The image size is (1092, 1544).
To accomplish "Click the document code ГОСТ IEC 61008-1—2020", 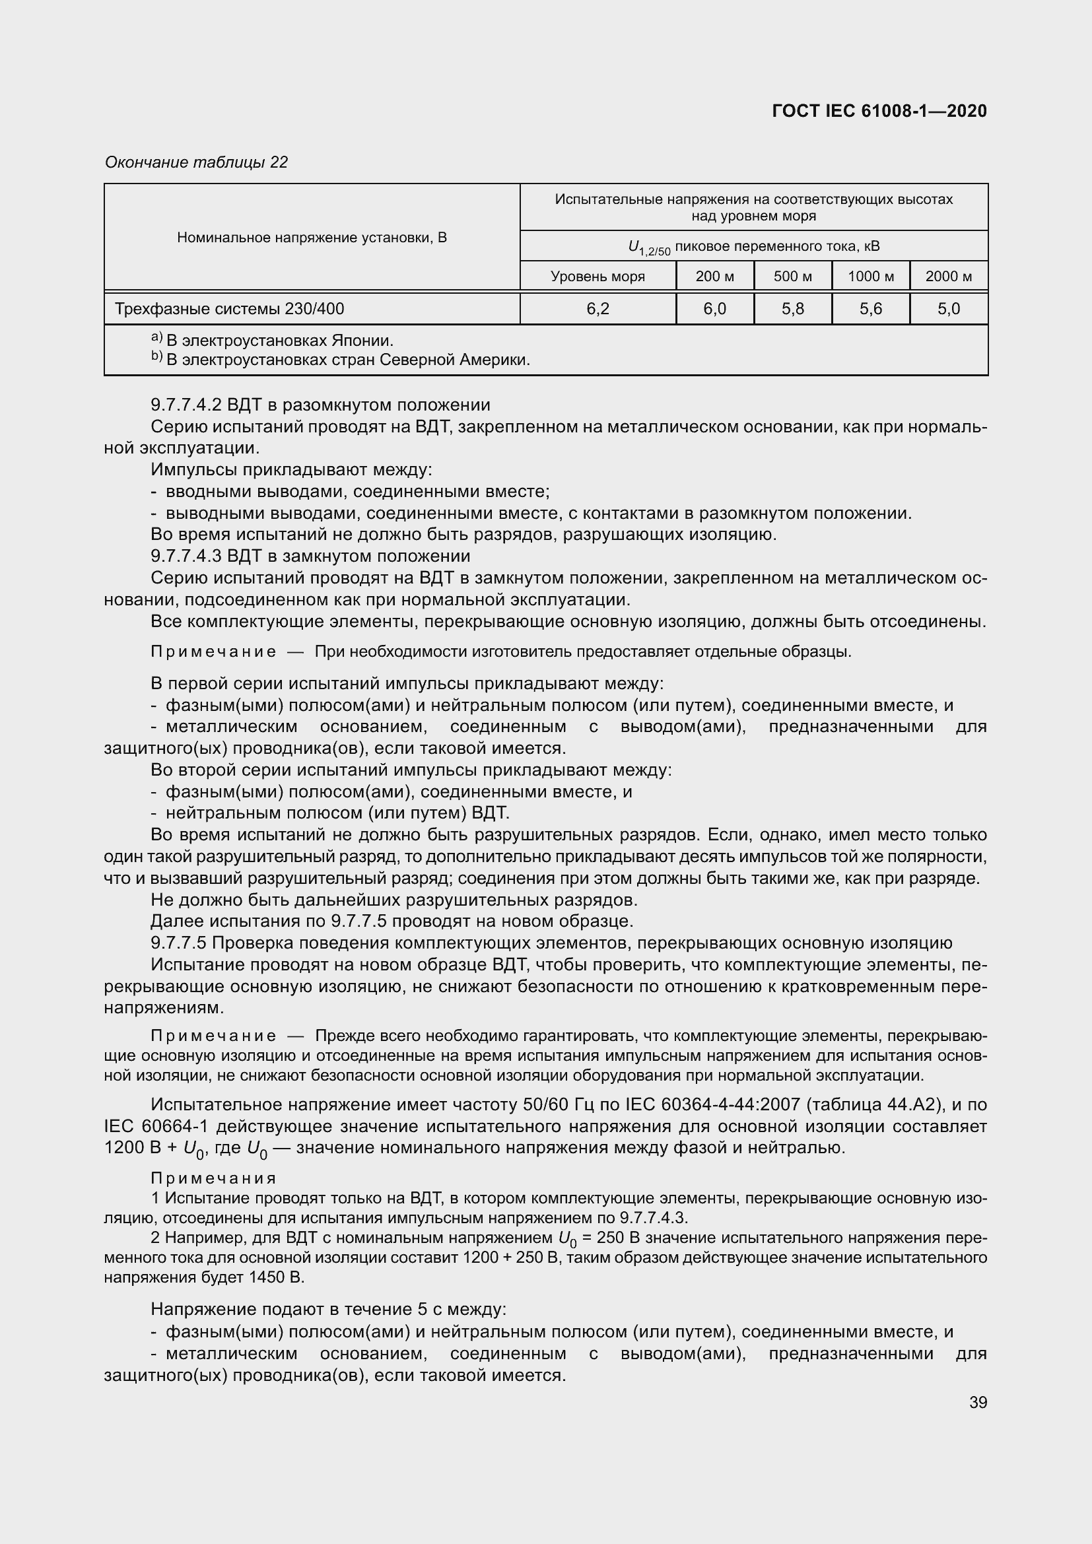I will coord(879,111).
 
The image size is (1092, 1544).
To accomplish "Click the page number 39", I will coord(978,1402).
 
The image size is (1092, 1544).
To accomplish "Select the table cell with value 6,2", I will coord(597,309).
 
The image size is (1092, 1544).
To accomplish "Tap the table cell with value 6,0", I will coord(715,309).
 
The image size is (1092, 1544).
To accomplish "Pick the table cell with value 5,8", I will coord(793,309).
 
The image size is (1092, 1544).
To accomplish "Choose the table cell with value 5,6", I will coord(871,309).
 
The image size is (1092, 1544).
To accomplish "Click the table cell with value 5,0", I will coord(949,309).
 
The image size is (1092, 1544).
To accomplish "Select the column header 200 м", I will coord(715,277).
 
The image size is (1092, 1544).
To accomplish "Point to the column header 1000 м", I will coord(871,277).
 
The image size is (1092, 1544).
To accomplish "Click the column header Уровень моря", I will coord(597,277).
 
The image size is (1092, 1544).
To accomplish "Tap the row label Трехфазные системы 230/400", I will coord(229,309).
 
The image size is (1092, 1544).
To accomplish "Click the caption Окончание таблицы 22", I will coord(196,162).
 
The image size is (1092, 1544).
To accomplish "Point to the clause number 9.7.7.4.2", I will coord(186,405).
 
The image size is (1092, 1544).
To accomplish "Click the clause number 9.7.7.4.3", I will coord(186,556).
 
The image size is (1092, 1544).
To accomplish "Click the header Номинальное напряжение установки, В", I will coord(312,238).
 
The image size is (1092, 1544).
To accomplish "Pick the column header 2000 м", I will coord(949,277).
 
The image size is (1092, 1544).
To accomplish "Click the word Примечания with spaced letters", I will coord(214,1178).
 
